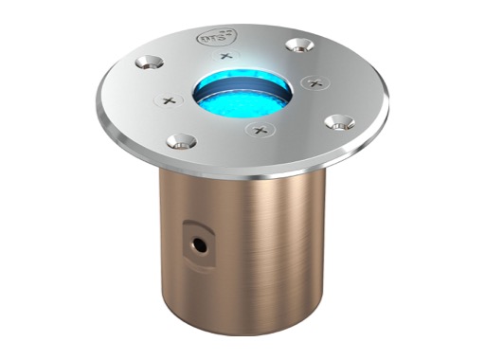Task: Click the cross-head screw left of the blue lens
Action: (x=169, y=99)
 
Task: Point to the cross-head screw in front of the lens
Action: (x=259, y=128)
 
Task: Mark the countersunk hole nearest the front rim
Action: (x=177, y=142)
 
